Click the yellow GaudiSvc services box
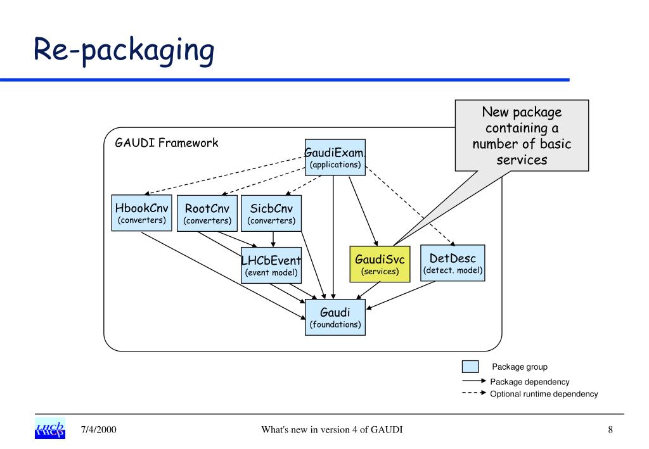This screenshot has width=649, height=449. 380,264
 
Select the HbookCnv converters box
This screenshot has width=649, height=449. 141,213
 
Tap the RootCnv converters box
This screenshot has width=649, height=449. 207,213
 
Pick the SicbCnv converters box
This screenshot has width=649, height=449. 271,213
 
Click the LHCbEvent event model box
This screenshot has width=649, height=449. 271,265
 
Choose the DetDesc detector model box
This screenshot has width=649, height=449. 453,263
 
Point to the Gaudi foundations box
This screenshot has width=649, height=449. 335,317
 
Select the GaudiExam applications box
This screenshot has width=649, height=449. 335,158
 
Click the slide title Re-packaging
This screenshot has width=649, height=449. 124,50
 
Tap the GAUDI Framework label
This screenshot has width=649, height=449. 167,143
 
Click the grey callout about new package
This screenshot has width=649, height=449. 522,136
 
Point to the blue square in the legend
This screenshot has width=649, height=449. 470,367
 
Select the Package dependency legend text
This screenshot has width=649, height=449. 530,382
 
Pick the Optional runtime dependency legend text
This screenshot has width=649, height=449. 544,394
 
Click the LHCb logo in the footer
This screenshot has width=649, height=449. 50,428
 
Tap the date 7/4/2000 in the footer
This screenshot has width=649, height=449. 98,429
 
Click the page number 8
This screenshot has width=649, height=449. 610,430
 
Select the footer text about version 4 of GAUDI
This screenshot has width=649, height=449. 332,430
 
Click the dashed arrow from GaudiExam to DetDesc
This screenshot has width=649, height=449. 410,206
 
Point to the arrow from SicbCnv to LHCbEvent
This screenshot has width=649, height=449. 273,239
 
